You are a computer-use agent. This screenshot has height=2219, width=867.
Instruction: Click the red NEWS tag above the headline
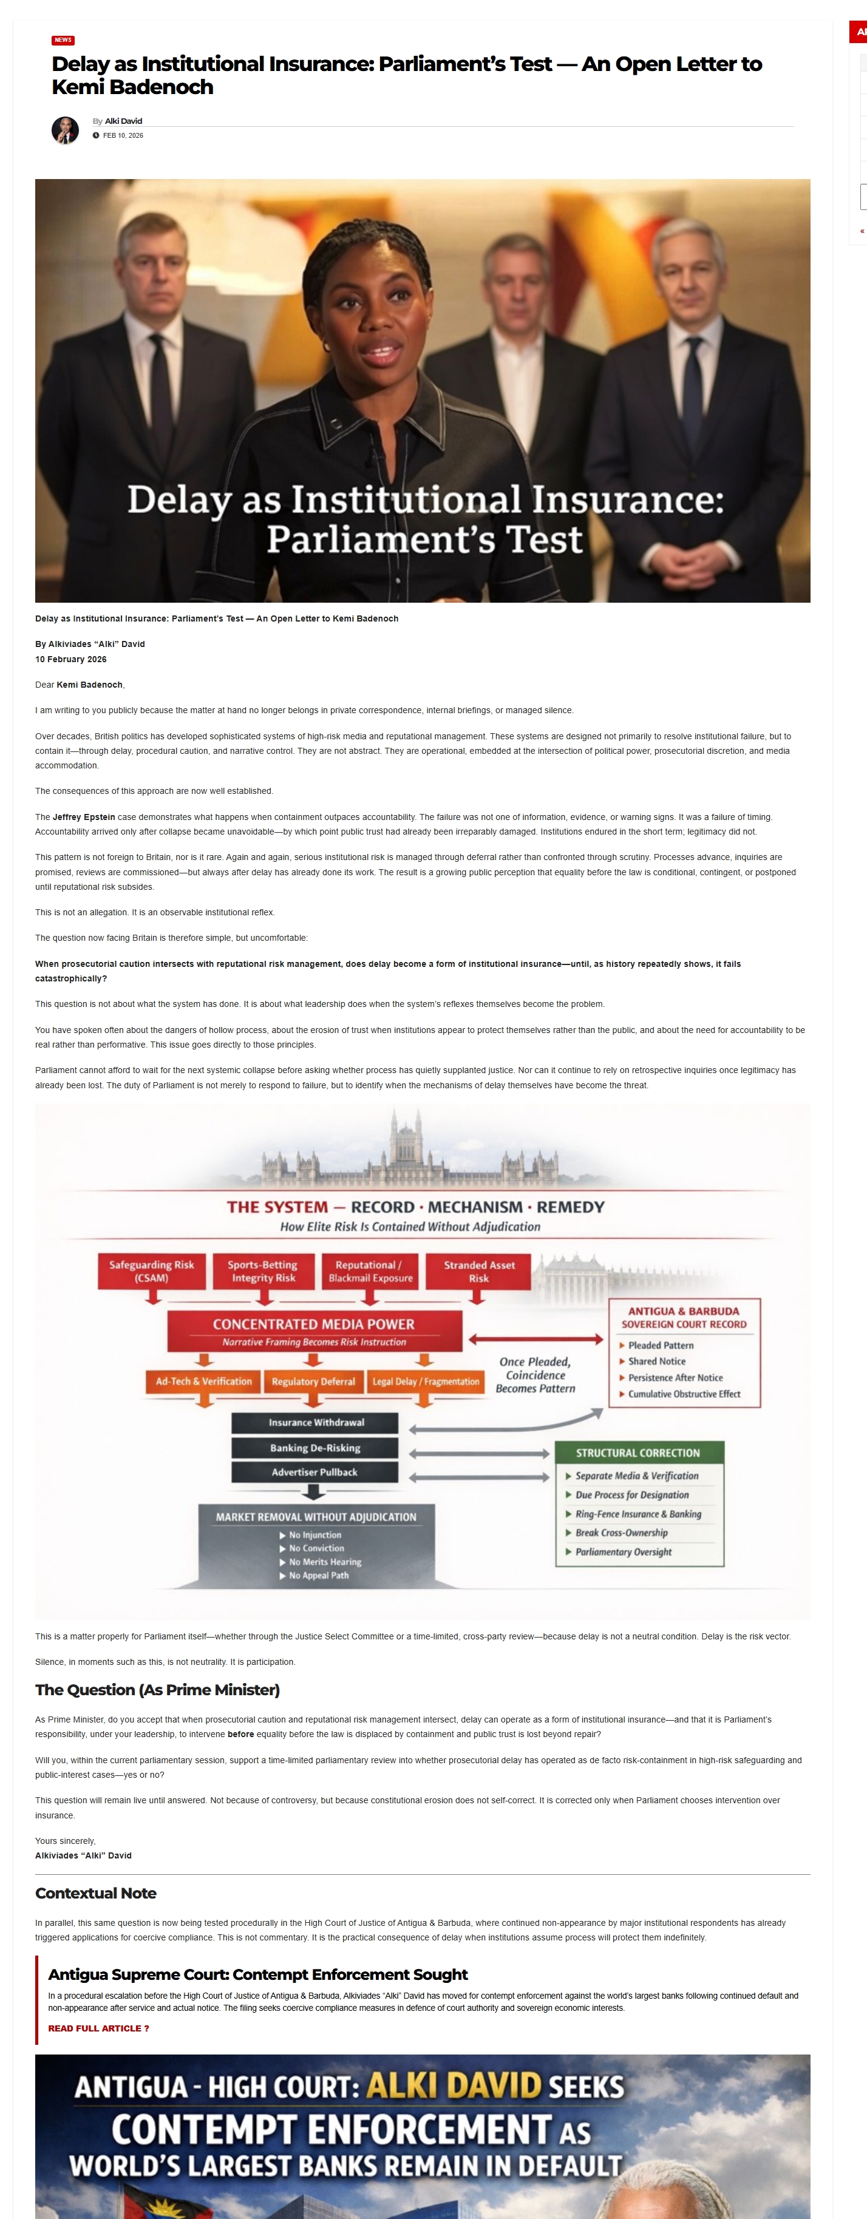pos(63,39)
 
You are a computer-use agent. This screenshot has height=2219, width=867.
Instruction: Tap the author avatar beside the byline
pos(64,130)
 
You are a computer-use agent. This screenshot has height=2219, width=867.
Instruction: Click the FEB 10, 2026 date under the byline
pos(123,135)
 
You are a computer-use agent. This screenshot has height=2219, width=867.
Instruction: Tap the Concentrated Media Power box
pos(314,1331)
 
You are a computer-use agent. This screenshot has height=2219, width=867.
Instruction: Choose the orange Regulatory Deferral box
pos(313,1381)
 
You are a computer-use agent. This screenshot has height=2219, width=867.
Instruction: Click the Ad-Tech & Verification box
pos(203,1381)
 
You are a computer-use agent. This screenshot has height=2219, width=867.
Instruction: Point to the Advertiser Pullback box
pos(314,1472)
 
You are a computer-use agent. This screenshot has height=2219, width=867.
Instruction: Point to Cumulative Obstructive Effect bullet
pos(684,1394)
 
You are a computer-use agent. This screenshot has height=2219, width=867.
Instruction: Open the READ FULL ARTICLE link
pos(98,2028)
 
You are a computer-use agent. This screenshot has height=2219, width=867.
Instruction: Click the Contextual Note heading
pos(96,1892)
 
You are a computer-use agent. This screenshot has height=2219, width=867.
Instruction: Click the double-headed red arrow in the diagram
pos(535,1340)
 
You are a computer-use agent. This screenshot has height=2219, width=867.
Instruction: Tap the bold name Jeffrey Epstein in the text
pos(84,816)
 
